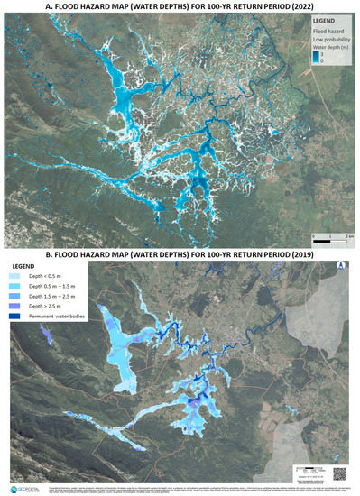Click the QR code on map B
(341, 471)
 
